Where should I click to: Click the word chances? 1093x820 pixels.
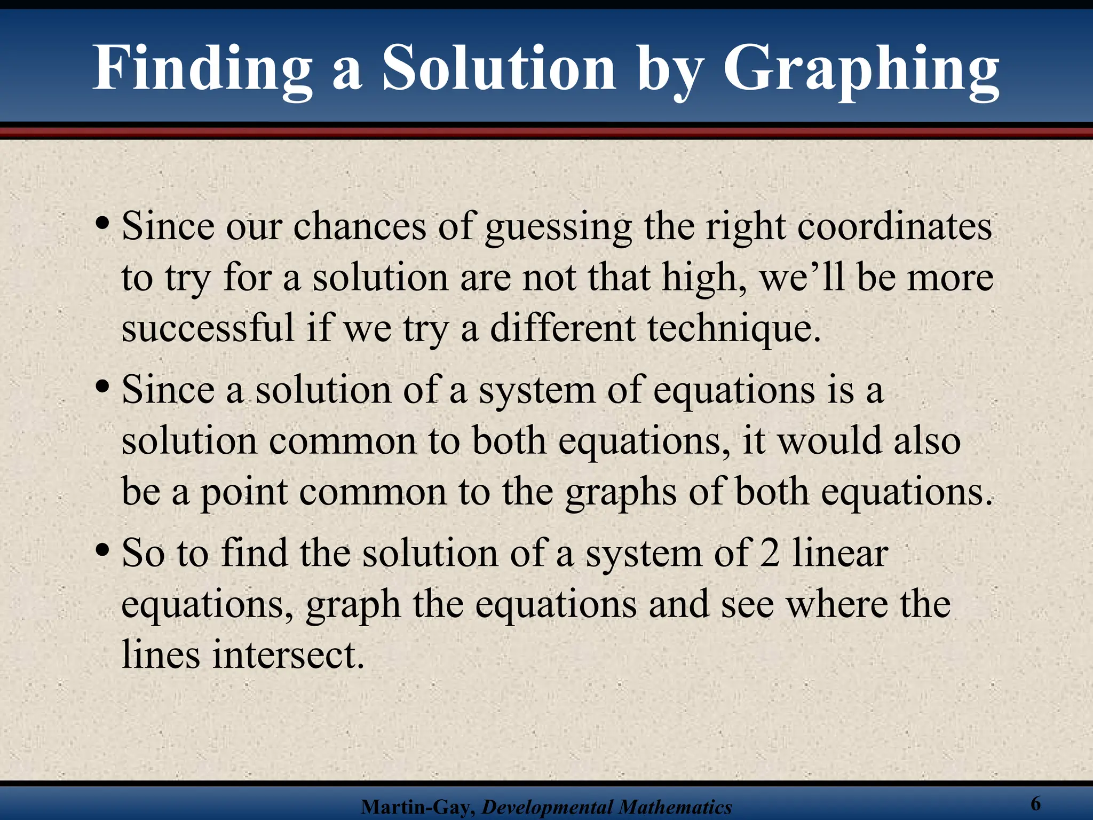tap(360, 226)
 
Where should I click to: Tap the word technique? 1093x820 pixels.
tap(734, 329)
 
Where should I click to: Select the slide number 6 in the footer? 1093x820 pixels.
tap(1036, 803)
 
